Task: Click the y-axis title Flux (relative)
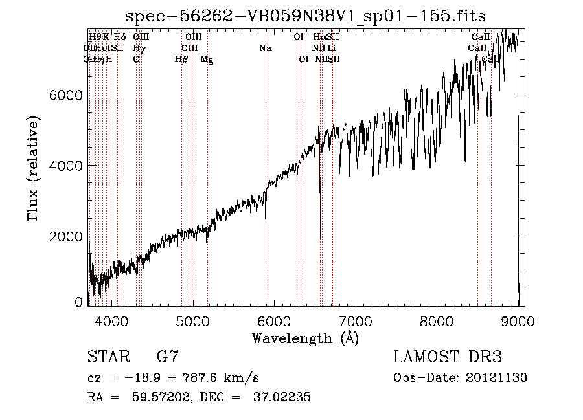(33, 168)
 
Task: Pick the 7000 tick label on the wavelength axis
(356, 320)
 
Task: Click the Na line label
(265, 49)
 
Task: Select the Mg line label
(207, 60)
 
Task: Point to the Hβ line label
(181, 60)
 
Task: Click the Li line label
(331, 49)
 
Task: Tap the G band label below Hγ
(136, 60)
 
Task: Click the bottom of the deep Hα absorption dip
(321, 227)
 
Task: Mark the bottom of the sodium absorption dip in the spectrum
(266, 218)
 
